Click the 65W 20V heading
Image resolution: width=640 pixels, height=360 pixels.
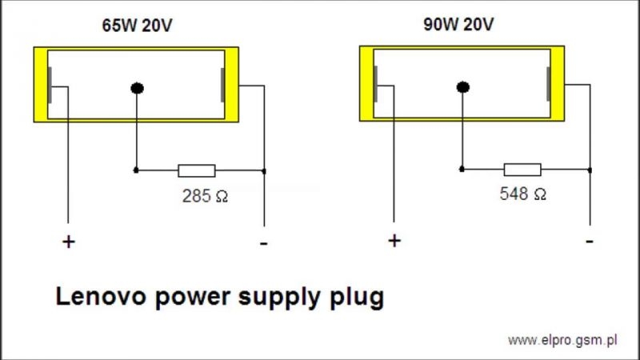coord(137,26)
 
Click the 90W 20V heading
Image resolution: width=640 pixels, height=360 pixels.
coord(458,25)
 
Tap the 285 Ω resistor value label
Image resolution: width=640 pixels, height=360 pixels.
coord(205,196)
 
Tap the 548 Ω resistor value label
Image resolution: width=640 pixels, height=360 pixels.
coord(523,194)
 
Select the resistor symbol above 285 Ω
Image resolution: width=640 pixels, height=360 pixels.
coord(197,170)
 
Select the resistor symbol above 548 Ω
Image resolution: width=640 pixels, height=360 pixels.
coord(522,170)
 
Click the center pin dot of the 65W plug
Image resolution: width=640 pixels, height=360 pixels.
coord(137,88)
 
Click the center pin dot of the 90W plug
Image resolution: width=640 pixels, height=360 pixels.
coord(463,87)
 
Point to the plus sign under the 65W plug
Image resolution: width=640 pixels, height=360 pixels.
coord(69,242)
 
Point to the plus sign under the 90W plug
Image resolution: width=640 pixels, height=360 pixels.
coord(394,241)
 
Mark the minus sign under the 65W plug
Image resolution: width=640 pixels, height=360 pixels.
coord(264,244)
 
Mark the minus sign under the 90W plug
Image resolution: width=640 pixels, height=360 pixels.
coord(590,242)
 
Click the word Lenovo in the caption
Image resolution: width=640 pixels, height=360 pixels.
coord(101,296)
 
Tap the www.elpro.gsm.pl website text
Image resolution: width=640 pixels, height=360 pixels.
coord(562,340)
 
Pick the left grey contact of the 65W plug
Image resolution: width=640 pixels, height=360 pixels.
coord(50,86)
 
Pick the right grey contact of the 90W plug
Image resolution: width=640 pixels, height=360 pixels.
coord(548,84)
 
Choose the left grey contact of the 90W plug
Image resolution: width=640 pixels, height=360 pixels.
coord(375,84)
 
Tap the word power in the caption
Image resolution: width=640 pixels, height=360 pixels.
coord(193,298)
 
